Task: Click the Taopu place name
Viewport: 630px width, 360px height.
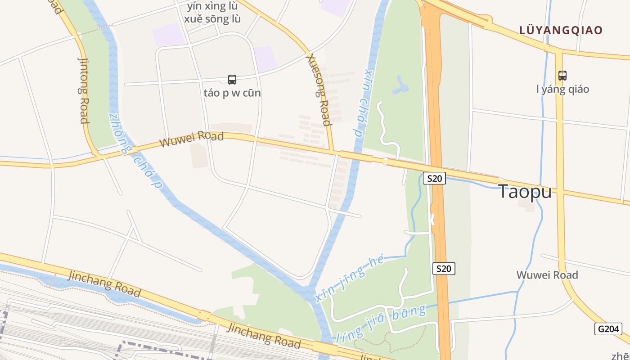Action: point(525,192)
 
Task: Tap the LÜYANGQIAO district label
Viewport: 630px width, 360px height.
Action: point(561,31)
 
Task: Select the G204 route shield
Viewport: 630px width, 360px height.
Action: point(609,329)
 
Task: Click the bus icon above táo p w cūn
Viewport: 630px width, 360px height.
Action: point(232,80)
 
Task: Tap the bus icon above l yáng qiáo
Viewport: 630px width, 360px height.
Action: point(562,75)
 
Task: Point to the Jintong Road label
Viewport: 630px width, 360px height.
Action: point(84,90)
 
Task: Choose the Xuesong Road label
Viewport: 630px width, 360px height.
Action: point(319,90)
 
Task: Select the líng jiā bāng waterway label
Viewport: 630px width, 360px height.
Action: point(381,323)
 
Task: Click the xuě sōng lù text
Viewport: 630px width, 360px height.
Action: point(212,19)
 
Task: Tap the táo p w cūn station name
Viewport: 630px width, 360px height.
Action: point(232,93)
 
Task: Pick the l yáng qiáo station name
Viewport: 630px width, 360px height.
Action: point(562,89)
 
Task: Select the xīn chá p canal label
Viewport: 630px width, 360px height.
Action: point(363,103)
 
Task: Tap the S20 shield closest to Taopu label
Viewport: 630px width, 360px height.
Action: point(434,179)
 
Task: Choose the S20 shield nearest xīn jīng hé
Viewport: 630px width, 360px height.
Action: point(444,269)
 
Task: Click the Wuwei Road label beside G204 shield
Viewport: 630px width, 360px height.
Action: point(547,275)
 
